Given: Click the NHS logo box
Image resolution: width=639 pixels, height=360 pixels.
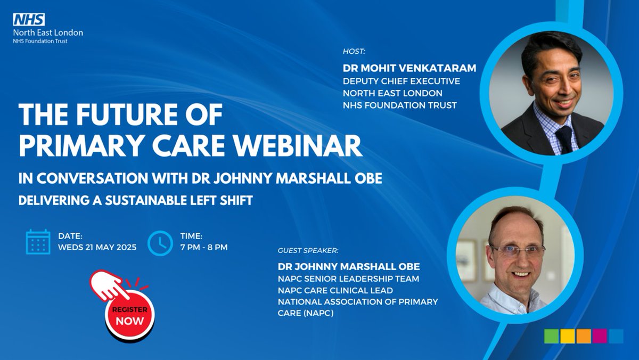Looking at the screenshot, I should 29,20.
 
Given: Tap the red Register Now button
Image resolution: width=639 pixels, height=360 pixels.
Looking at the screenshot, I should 129,315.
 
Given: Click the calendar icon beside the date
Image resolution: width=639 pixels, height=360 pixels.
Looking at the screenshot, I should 38,242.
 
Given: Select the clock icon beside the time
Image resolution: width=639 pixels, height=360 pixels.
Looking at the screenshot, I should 159,242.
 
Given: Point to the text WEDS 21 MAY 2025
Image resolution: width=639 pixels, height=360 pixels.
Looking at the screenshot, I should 97,248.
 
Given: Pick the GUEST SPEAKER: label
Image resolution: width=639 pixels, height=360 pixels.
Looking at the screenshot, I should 308,250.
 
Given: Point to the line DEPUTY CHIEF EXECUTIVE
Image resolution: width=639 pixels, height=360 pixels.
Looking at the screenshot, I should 402,81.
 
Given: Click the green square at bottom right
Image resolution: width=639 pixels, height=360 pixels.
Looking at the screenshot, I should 552,336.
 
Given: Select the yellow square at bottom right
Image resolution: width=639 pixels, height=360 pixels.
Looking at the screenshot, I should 568,336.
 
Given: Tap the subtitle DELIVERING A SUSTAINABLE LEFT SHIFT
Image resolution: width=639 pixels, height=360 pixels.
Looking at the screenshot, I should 135,202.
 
